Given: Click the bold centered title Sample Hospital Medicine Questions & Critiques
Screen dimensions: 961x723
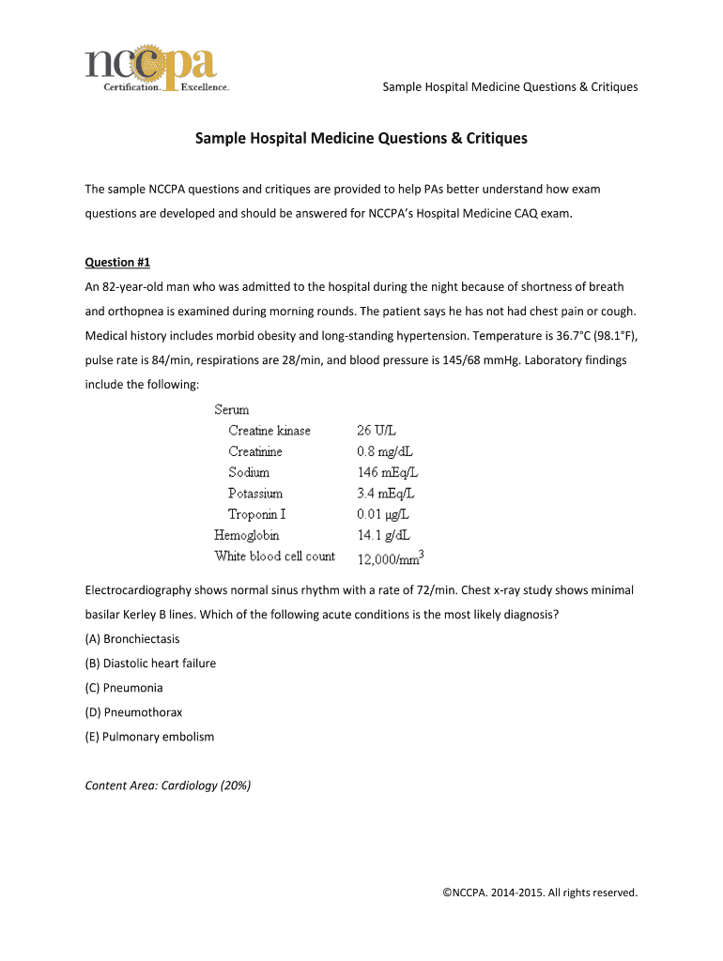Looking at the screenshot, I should [x=361, y=139].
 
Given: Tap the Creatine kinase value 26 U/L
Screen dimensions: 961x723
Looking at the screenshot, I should [x=377, y=431].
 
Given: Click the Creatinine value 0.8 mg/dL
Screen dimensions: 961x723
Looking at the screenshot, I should [x=384, y=451].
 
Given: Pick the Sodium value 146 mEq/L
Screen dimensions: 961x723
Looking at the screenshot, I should [x=387, y=472].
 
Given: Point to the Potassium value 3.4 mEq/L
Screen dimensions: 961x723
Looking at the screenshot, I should [x=385, y=493].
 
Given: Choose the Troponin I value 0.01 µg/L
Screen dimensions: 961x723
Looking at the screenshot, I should [x=382, y=514].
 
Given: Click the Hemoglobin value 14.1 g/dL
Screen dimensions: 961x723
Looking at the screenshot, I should [x=383, y=535].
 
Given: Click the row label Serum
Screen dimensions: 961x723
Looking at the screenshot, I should [x=232, y=410].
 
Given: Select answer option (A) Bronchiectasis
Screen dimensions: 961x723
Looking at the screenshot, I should [x=132, y=639].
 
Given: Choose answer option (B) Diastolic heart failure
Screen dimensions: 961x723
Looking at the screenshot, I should [x=150, y=664].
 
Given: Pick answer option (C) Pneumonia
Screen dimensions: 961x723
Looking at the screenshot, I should [x=124, y=688].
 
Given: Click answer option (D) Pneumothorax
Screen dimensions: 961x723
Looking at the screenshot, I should [x=133, y=712].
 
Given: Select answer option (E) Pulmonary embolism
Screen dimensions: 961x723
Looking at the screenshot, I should [x=149, y=737].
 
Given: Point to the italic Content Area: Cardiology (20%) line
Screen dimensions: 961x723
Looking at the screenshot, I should [x=168, y=786].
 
